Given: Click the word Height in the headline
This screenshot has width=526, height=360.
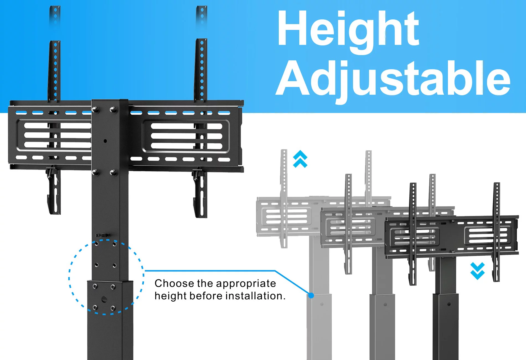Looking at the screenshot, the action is [348, 30].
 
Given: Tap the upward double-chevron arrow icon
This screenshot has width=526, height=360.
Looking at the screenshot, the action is [300, 159].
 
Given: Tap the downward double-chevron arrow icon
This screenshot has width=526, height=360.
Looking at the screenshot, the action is [478, 271].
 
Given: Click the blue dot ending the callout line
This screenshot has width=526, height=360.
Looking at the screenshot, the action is [311, 295].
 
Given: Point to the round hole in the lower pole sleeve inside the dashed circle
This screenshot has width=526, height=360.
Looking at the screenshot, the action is [104, 299].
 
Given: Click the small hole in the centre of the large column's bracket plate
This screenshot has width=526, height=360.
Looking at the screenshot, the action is [105, 141].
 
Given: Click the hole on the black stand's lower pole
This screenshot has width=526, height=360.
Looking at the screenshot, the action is [449, 304].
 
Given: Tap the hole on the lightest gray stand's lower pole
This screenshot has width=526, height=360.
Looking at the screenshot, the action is [322, 304].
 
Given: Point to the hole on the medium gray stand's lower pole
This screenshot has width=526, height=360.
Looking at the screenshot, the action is [385, 304].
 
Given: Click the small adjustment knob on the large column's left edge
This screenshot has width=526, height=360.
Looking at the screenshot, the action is [102, 235].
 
